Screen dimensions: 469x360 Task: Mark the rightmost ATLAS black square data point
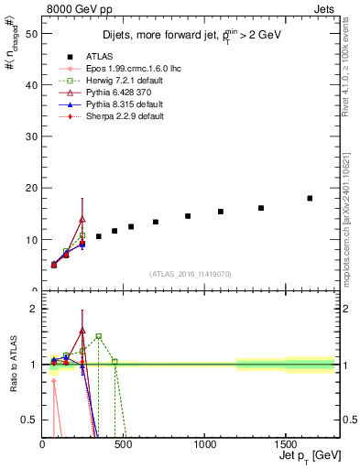(x=310, y=198)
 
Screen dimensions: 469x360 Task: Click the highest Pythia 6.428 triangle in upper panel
(x=82, y=219)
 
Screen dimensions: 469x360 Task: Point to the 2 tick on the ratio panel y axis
(x=33, y=309)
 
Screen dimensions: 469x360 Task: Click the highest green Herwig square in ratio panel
(x=99, y=336)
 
